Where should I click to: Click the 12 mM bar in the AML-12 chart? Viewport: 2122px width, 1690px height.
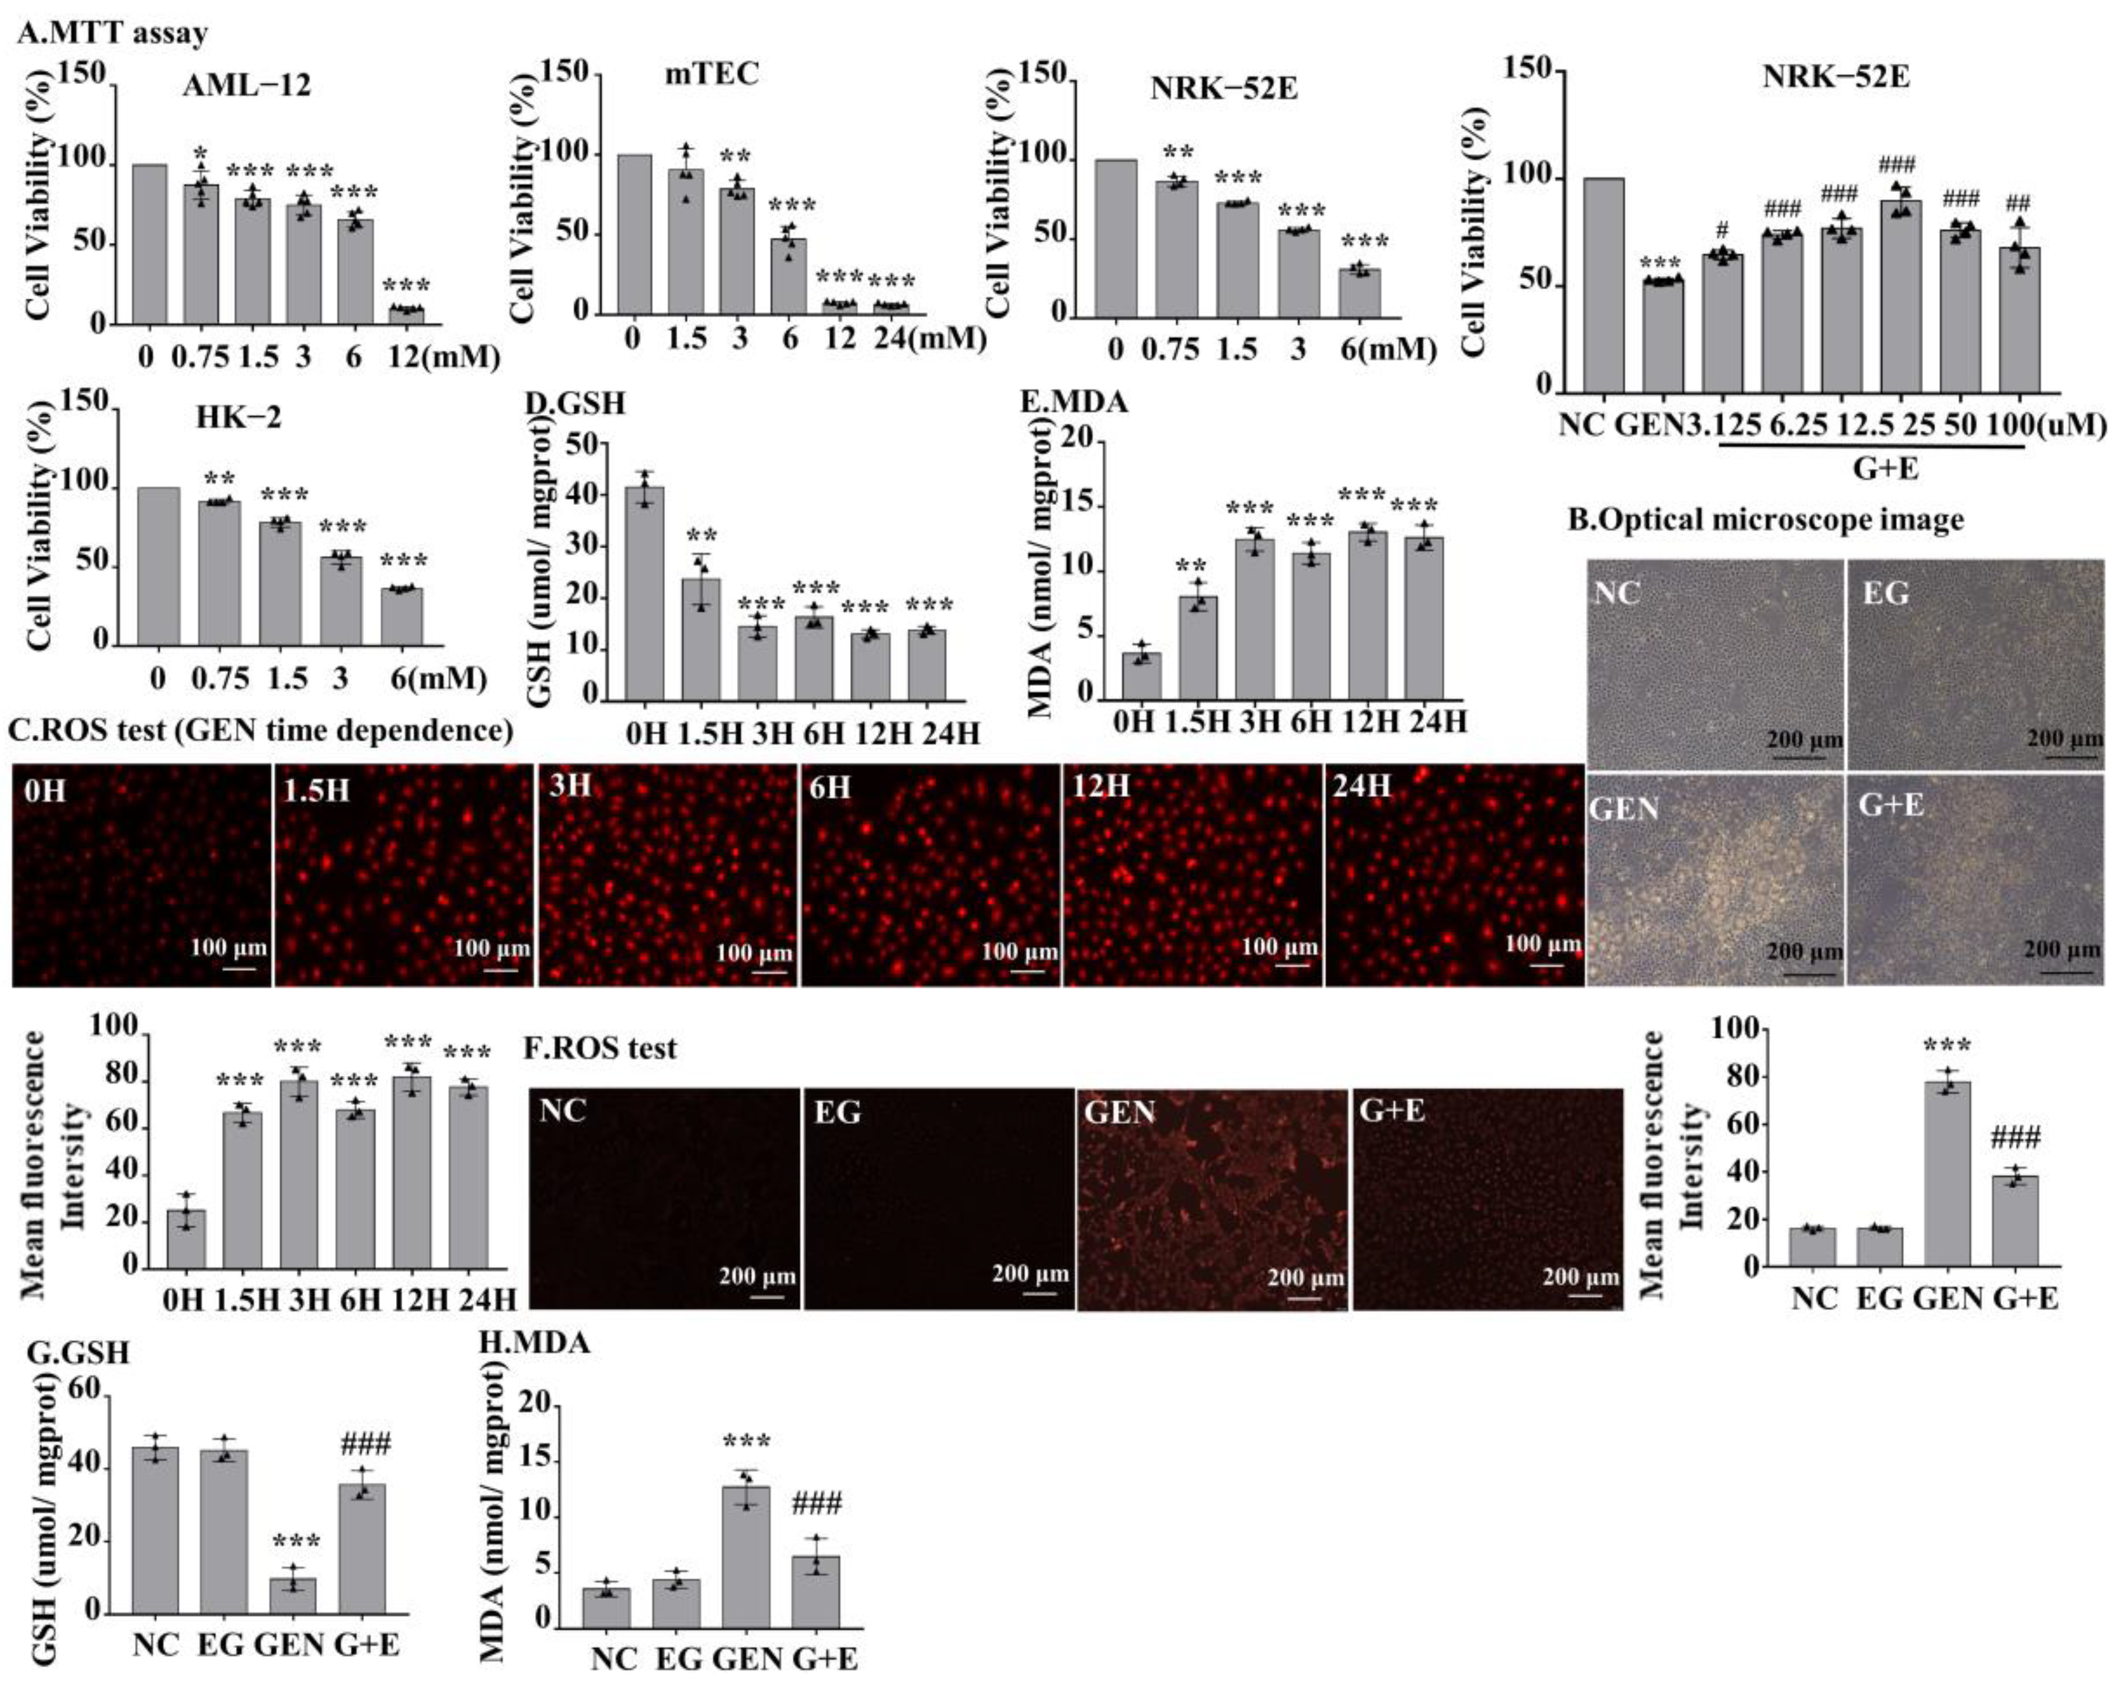(406, 315)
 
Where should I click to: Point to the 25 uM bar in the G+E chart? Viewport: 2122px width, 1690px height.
(1901, 295)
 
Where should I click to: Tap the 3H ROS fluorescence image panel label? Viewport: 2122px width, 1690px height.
(571, 785)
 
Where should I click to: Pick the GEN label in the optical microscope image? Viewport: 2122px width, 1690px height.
(1625, 809)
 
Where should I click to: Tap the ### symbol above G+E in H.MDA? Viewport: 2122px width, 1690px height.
(816, 1503)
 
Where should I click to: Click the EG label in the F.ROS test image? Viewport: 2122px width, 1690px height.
(837, 1112)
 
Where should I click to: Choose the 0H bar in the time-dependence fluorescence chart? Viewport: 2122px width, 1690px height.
(186, 1238)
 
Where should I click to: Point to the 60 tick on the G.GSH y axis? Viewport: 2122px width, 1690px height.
(85, 1390)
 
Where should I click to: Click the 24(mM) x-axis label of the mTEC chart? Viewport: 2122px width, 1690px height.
(929, 339)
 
